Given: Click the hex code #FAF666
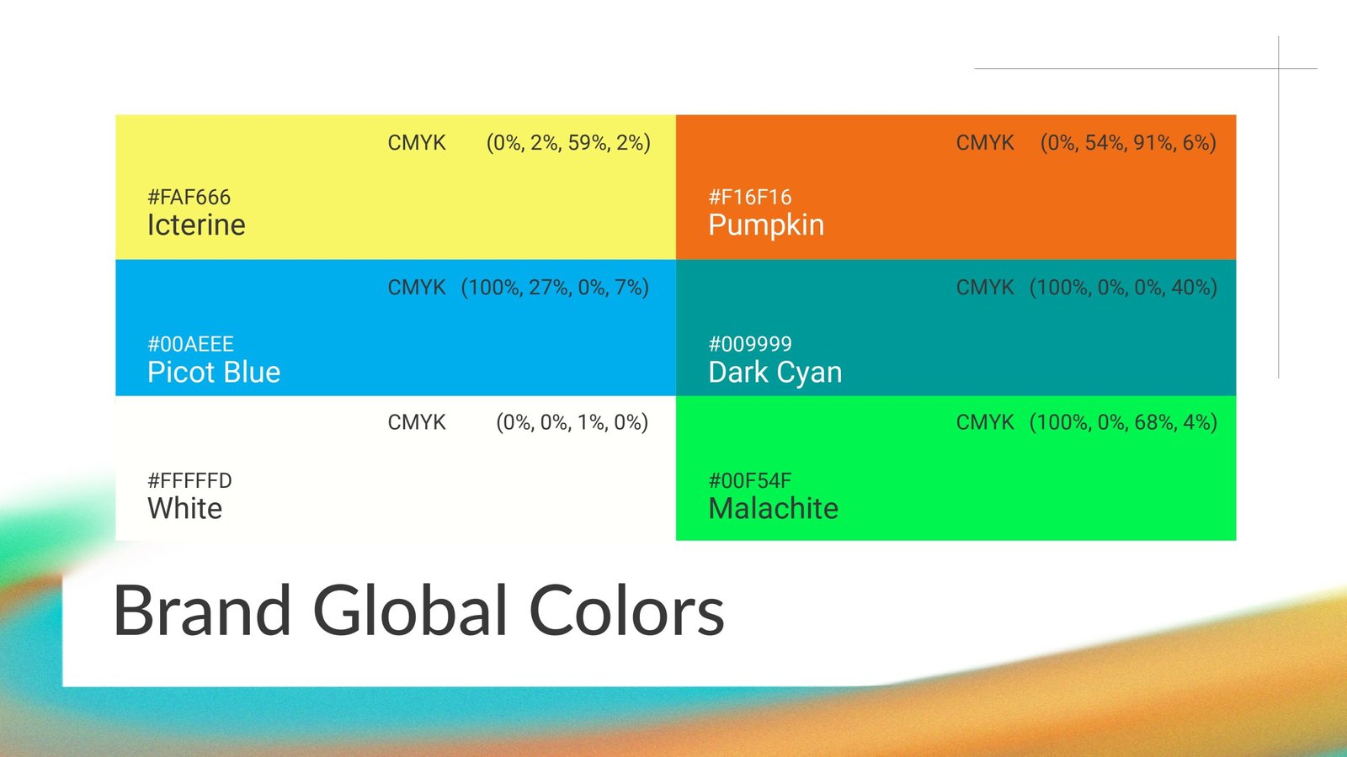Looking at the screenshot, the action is coord(189,197).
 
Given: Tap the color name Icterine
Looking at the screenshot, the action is coord(196,225).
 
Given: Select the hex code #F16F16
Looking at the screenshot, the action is coord(750,197).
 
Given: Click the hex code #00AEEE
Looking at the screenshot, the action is coord(190,344).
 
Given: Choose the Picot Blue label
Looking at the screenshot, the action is coord(214,372).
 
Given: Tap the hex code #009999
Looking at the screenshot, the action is coord(750,344).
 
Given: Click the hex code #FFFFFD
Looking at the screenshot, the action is coord(189,480).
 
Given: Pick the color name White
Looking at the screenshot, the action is coord(184,508).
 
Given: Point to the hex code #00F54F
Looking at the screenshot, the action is coord(750,480).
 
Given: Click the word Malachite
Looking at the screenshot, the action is coord(774,508).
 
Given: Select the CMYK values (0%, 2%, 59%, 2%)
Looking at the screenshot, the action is coord(568,143).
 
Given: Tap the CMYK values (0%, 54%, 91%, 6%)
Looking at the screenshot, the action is coord(1128,143).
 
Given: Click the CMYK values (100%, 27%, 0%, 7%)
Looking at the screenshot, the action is coord(555,288).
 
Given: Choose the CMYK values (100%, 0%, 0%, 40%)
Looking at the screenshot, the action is coord(1123,288).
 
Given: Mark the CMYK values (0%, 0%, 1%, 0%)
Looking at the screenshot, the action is coord(572,423).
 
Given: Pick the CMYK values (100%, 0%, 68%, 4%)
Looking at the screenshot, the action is coord(1123,423).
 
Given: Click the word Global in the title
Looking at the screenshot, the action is coord(410,611).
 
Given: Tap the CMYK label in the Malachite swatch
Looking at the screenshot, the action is coord(985,422).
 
